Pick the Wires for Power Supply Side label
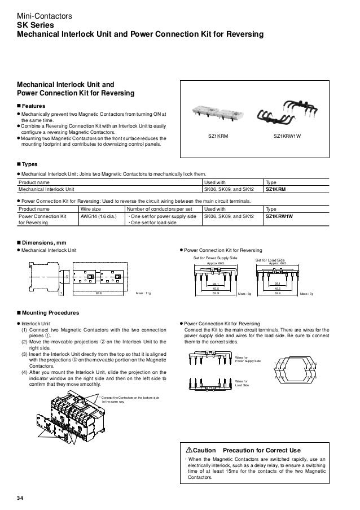pos(248,359)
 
